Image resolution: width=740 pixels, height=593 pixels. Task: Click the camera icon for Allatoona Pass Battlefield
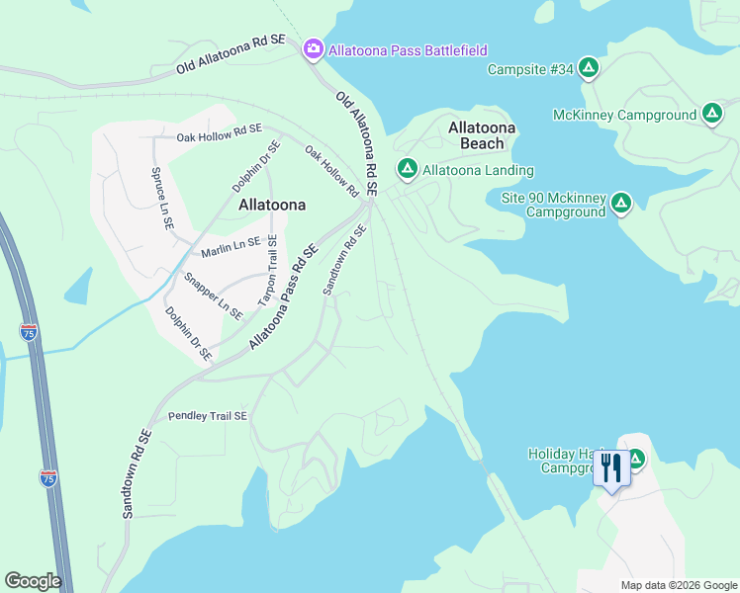coord(314,48)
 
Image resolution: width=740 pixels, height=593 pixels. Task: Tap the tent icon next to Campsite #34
coord(588,68)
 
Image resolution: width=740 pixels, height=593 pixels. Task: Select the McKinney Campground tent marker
coord(711,115)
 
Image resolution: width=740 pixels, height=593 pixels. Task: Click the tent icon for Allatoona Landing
coord(406,169)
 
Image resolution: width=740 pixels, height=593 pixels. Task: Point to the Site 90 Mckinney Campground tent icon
coord(620,204)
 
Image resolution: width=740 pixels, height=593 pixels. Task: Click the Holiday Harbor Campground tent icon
coord(635,459)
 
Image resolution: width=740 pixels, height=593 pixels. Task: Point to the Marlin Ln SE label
coord(231,248)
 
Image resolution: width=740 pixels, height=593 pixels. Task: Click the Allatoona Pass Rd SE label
coord(283,297)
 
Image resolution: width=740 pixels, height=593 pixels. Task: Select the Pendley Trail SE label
coord(207,416)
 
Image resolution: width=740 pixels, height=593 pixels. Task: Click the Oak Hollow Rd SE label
coord(219,131)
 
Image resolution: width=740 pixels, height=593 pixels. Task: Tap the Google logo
coord(33,581)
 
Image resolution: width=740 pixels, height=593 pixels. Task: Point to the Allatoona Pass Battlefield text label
coord(409,49)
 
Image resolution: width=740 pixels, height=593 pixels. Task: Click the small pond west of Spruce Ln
coord(78,285)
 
